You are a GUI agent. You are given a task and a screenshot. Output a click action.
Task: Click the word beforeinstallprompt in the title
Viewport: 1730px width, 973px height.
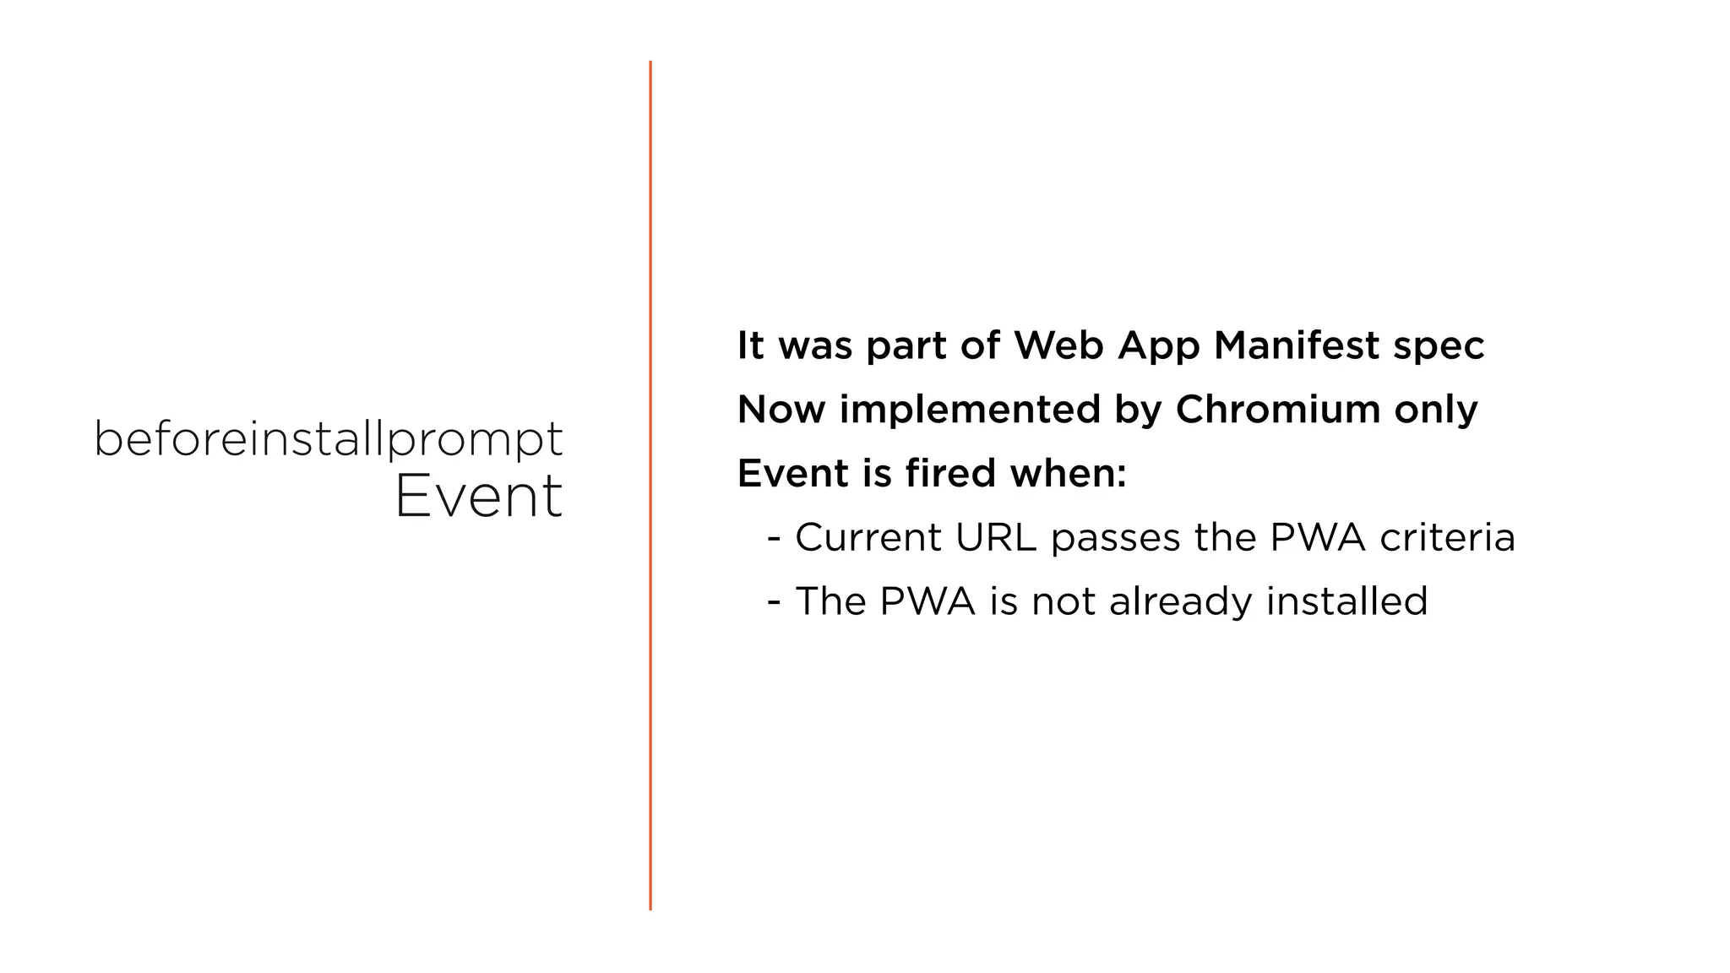(x=328, y=440)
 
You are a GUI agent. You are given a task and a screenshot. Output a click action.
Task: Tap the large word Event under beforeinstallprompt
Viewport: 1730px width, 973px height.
(x=478, y=496)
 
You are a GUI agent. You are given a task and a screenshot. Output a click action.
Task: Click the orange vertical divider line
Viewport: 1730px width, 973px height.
(x=650, y=486)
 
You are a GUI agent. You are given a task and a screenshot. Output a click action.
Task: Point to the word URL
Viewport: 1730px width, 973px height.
(x=996, y=538)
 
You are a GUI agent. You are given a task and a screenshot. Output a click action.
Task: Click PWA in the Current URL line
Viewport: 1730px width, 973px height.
(x=1318, y=538)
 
